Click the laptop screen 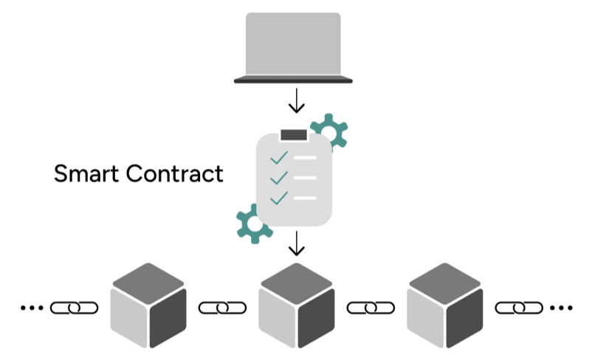pyautogui.click(x=293, y=43)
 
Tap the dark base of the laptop pyautogui.click(x=293, y=80)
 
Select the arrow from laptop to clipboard pyautogui.click(x=296, y=101)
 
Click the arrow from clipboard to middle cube pyautogui.click(x=296, y=243)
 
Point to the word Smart pyautogui.click(x=86, y=174)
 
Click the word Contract pyautogui.click(x=174, y=174)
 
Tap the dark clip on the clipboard pyautogui.click(x=293, y=134)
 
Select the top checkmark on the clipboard pyautogui.click(x=278, y=158)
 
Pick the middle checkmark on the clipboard pyautogui.click(x=278, y=178)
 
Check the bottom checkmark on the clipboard pyautogui.click(x=278, y=198)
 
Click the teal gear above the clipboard pyautogui.click(x=329, y=131)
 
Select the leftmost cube pyautogui.click(x=148, y=305)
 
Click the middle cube pyautogui.click(x=297, y=305)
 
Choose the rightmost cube pyautogui.click(x=445, y=305)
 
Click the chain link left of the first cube pyautogui.click(x=74, y=307)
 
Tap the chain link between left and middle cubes pyautogui.click(x=222, y=307)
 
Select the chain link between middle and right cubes pyautogui.click(x=371, y=307)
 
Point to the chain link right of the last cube pyautogui.click(x=519, y=307)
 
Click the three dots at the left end pyautogui.click(x=32, y=307)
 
